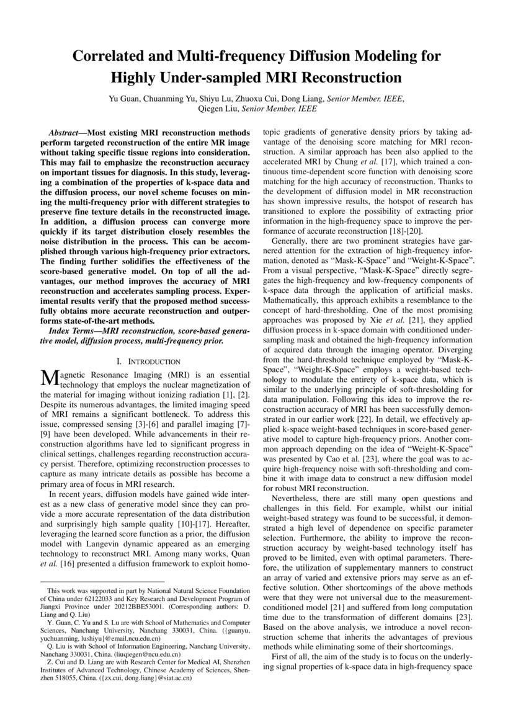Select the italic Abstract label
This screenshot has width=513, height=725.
[x=67, y=133]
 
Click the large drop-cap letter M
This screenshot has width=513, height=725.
[x=47, y=377]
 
